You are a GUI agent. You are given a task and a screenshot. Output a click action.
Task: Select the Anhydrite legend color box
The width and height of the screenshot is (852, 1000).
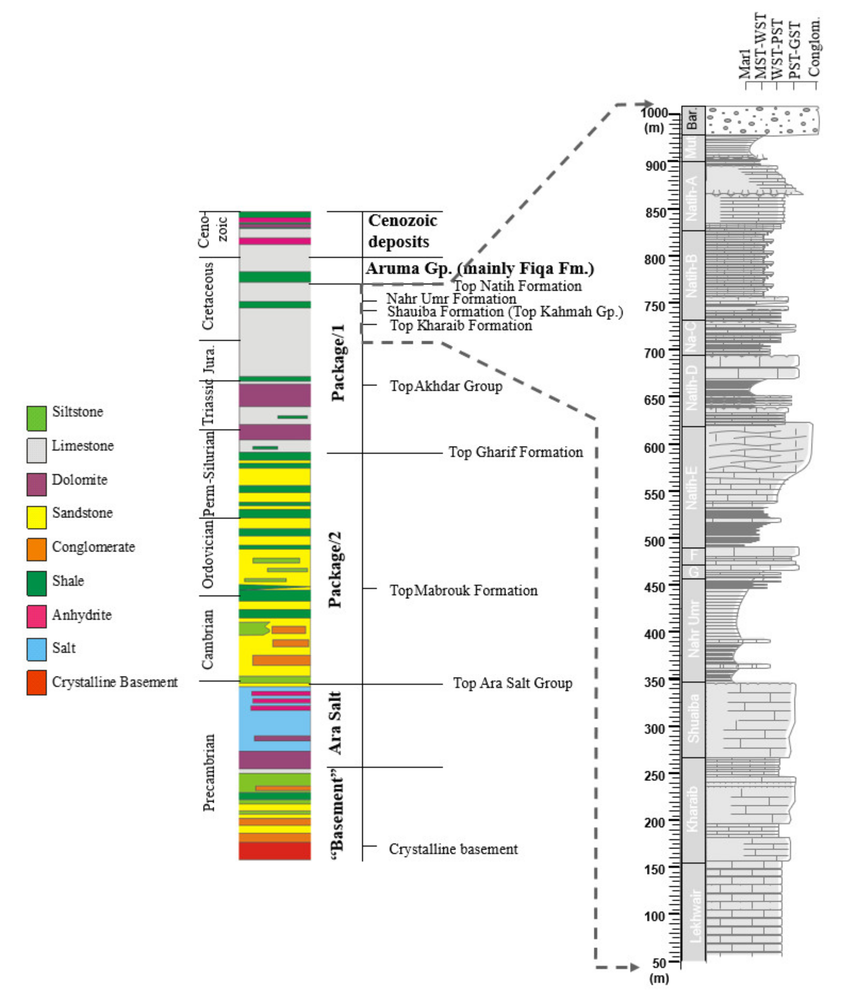click(37, 616)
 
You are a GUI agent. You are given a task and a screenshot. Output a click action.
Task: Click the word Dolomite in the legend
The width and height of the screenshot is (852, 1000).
click(80, 480)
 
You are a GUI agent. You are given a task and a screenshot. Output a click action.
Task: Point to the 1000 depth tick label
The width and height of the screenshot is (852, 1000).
click(654, 113)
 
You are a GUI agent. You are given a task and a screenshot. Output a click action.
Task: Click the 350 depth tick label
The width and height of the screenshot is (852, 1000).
click(655, 682)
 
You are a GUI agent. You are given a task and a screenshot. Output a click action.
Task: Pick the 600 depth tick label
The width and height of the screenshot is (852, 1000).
click(655, 447)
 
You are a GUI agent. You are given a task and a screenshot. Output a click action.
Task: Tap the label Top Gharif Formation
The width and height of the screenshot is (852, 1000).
click(515, 452)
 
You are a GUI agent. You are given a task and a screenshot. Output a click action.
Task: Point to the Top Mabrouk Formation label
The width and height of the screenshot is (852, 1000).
click(464, 590)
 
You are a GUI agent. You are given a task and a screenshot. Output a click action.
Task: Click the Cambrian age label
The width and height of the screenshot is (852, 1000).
click(208, 640)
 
